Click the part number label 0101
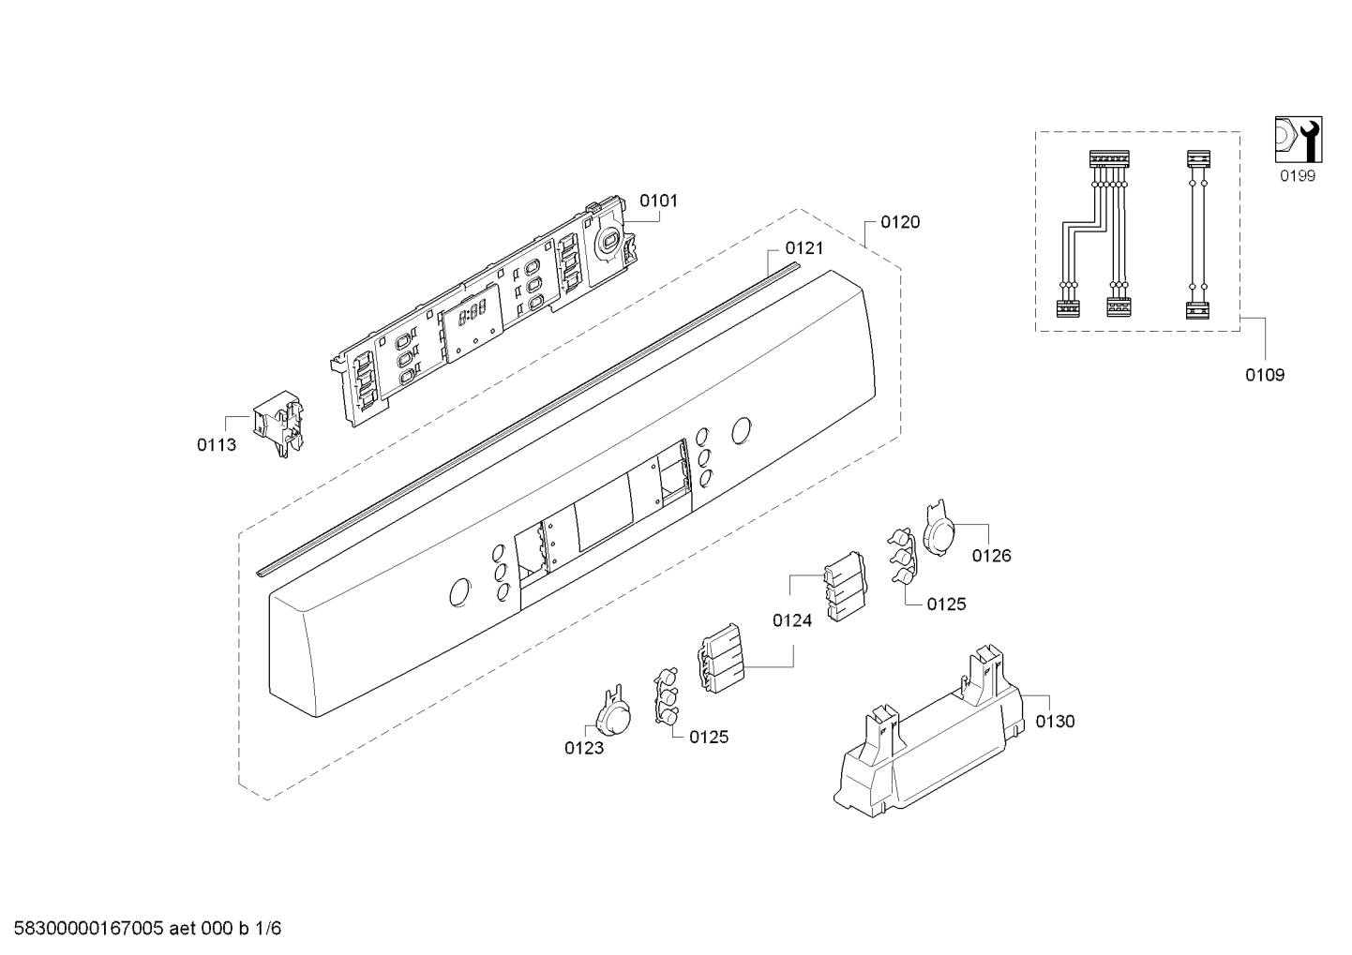(x=658, y=201)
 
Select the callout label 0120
(x=900, y=223)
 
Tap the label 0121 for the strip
(x=804, y=248)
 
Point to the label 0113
(x=217, y=445)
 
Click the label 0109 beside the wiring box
(x=1265, y=375)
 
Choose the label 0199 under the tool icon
(x=1298, y=176)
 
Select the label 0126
(x=992, y=556)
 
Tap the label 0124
(x=792, y=620)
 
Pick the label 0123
(x=584, y=748)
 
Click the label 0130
(x=1056, y=722)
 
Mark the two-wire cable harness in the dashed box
(x=1197, y=234)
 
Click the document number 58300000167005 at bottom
(x=88, y=929)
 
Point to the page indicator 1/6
(x=268, y=929)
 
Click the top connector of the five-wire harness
(x=1109, y=158)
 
